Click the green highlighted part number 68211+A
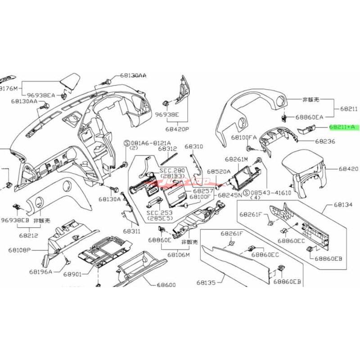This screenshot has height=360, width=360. (342, 127)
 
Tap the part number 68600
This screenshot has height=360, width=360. (166, 285)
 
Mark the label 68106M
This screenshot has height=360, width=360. (179, 255)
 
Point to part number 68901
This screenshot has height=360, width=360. (72, 274)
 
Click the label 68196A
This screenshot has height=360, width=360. (41, 271)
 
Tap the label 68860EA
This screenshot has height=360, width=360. (310, 117)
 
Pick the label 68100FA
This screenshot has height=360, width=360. (244, 136)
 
